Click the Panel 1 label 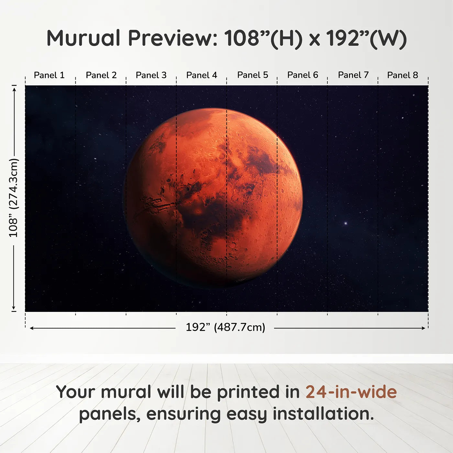tap(49, 75)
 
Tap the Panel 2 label tap(101, 75)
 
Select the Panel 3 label tap(151, 75)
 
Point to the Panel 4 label tap(202, 75)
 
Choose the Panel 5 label tap(253, 75)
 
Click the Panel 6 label tap(303, 75)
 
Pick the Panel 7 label tap(353, 75)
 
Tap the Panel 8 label tap(403, 75)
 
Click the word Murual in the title tap(83, 38)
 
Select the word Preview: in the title tap(173, 38)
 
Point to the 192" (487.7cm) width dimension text tap(225, 327)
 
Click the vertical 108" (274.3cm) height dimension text tap(14, 198)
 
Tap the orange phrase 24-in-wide tap(351, 392)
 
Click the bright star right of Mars tap(346, 223)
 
